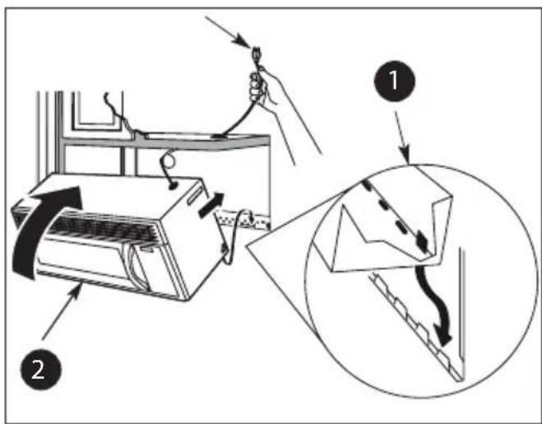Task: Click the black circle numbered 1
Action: pos(395,81)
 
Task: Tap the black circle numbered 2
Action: pos(41,370)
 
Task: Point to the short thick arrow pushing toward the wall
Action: pos(211,205)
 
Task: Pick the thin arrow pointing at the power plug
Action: pos(229,30)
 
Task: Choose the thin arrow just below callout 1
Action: pos(402,137)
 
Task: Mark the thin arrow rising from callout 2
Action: pos(63,311)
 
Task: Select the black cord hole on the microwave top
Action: pos(171,186)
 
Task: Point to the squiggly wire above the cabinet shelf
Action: pos(118,111)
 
